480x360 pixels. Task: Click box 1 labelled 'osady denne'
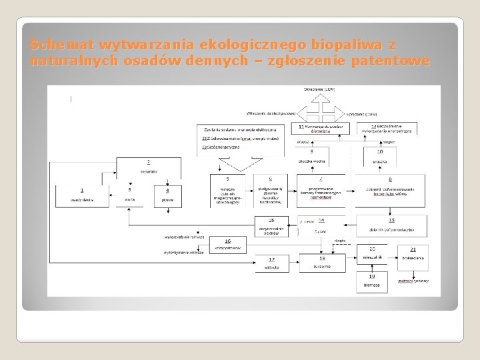83,195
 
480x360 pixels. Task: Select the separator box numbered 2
148,167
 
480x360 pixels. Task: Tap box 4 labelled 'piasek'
167,195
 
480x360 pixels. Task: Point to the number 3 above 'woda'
129,190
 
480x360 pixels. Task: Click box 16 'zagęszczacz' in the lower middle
227,245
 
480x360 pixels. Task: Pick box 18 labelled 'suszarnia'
322,263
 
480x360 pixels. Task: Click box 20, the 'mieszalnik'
372,253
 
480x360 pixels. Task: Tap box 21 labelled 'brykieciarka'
413,253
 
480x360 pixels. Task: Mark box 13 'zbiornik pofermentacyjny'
391,225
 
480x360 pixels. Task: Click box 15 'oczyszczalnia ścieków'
271,225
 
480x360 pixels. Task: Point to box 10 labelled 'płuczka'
381,156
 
